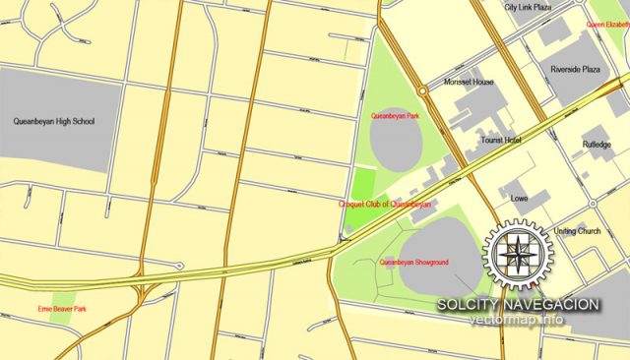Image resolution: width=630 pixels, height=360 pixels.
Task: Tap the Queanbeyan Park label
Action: pos(395,116)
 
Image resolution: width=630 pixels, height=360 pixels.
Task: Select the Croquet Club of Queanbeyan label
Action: pos(385,205)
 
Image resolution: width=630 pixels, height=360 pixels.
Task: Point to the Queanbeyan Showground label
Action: pos(414,263)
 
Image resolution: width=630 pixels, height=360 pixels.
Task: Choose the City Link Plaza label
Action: pos(528,7)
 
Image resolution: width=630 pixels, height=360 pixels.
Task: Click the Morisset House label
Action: pos(469,83)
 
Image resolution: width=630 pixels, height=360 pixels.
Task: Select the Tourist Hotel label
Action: pos(500,141)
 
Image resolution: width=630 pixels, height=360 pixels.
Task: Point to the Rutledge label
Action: pos(597,145)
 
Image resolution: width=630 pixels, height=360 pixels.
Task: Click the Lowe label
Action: pos(520,199)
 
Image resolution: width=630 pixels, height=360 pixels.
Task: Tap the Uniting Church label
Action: pos(577,231)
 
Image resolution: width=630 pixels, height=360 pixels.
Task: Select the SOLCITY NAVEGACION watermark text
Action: pos(518,305)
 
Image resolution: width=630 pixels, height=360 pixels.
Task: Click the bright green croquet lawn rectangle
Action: pos(364,183)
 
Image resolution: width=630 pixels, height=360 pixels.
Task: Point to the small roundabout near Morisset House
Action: pos(421,90)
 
